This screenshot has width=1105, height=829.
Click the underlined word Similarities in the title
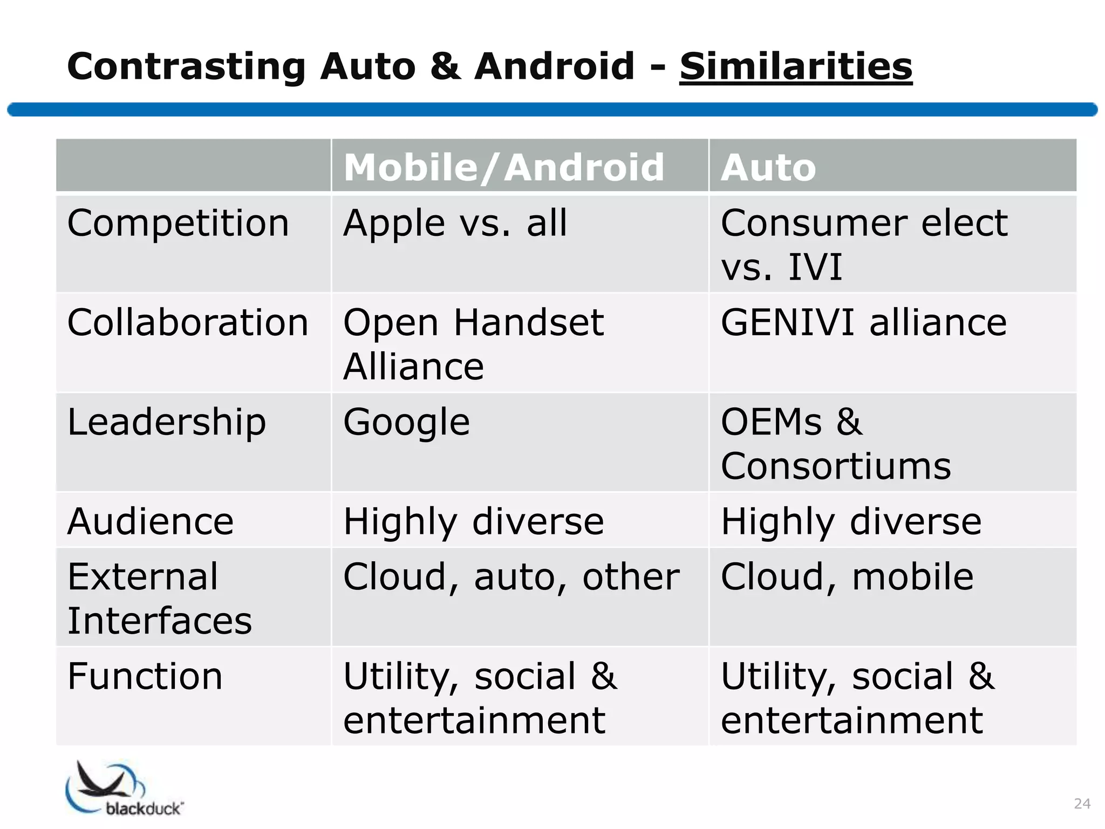click(x=796, y=67)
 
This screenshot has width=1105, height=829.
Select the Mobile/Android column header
click(x=503, y=167)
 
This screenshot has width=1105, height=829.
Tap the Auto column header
click(x=768, y=167)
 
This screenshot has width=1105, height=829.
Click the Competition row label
click(x=178, y=223)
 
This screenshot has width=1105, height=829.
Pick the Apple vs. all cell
click(x=455, y=223)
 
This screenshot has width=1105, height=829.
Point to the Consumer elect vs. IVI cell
click(x=863, y=244)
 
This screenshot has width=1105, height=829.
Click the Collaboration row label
click(x=188, y=323)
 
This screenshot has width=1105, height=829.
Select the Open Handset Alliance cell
click(x=473, y=344)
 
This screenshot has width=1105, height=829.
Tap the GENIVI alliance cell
click(x=863, y=323)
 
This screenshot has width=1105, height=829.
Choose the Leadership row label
click(x=167, y=422)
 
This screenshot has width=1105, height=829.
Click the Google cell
click(x=406, y=422)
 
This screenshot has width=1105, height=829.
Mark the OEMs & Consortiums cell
click(x=835, y=444)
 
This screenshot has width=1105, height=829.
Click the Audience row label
click(x=151, y=521)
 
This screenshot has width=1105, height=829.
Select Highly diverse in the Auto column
click(x=851, y=521)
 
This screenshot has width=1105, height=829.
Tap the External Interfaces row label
click(x=159, y=598)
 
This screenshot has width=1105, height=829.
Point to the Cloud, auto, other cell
click(x=511, y=577)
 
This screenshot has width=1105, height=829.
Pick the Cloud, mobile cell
click(x=847, y=577)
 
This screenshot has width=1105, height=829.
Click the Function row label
click(x=145, y=676)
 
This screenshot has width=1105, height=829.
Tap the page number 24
click(x=1082, y=804)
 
